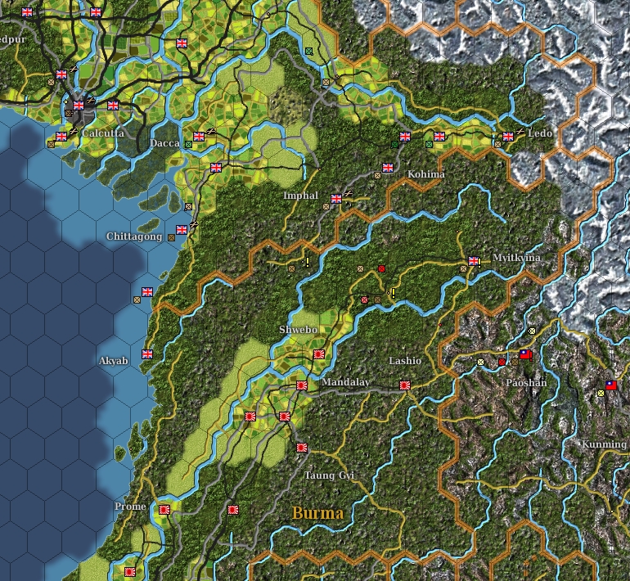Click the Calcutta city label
[x=103, y=133]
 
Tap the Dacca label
[x=164, y=143]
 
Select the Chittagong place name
[x=134, y=236]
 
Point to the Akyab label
[x=114, y=361]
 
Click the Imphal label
[x=300, y=196]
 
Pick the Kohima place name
[x=426, y=174]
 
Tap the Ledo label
[x=540, y=133]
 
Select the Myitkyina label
[x=516, y=258]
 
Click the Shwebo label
[x=298, y=330]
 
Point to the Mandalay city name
[x=346, y=383]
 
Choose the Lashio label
[x=405, y=361]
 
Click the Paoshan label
[x=526, y=383]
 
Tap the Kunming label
[x=604, y=444]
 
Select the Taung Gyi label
[x=330, y=475]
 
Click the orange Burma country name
[x=317, y=513]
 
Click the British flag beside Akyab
[x=147, y=354]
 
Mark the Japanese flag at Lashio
[x=405, y=385]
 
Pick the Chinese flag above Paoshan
[x=525, y=354]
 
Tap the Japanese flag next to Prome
[x=164, y=509]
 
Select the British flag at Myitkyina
[x=473, y=261]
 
